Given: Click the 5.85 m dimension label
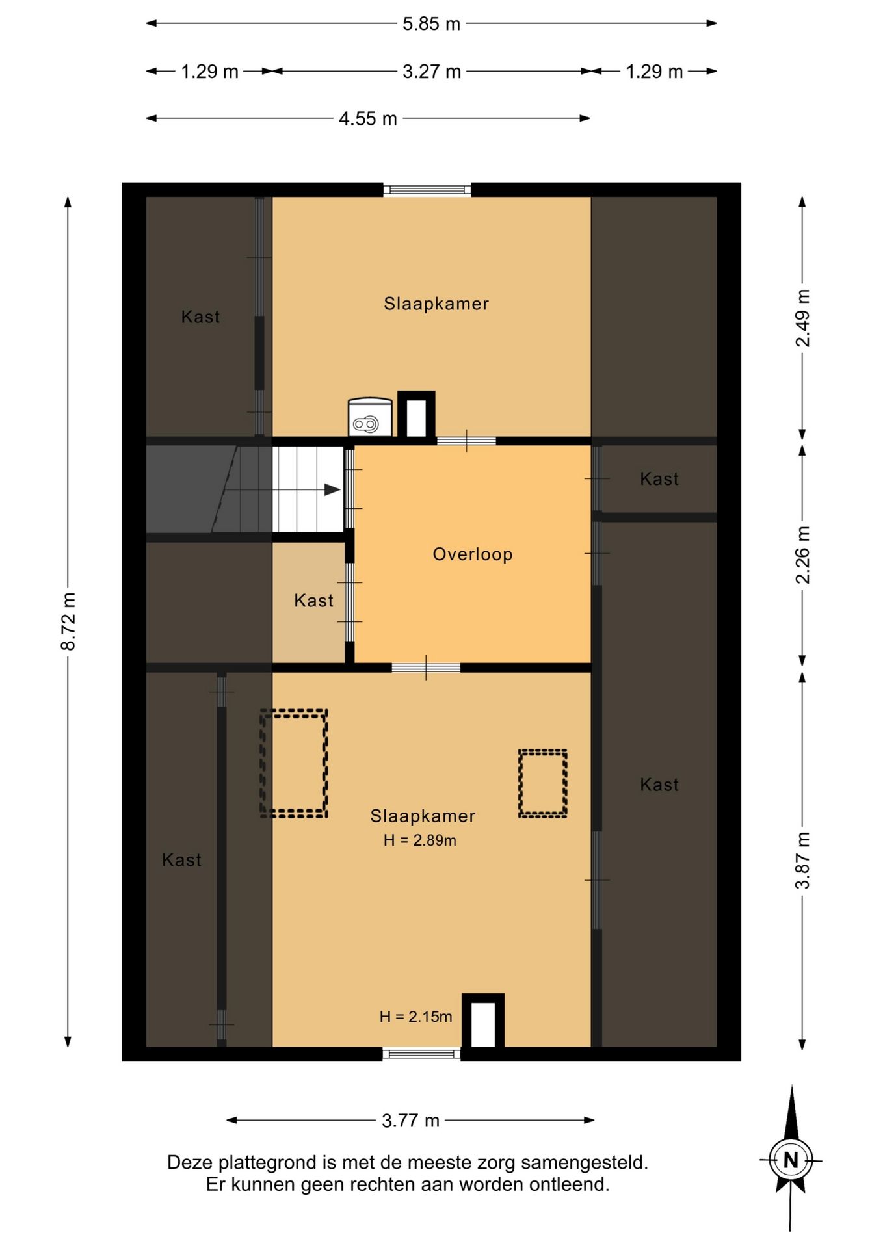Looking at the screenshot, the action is (x=431, y=24).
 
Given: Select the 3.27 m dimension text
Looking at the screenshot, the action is (x=432, y=71).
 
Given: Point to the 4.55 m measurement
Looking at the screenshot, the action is (x=367, y=119).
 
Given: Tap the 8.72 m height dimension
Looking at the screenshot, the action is (x=68, y=621).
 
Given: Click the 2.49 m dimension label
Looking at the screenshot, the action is (x=803, y=318).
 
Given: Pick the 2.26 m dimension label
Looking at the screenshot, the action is (x=803, y=554).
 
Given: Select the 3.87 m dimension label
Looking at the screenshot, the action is (x=803, y=860).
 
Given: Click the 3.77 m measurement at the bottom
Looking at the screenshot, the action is (x=410, y=1121).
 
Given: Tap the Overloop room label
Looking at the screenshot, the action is (x=473, y=554).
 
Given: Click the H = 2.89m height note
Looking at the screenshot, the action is (x=420, y=840).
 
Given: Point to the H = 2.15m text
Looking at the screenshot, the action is (x=416, y=1017).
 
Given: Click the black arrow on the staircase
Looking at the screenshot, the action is (x=332, y=489).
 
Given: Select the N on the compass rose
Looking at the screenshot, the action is (x=791, y=1160).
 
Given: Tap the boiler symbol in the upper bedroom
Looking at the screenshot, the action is (x=370, y=417).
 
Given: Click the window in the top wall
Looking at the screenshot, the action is (x=427, y=190).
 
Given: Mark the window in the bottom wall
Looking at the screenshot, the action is (x=421, y=1054).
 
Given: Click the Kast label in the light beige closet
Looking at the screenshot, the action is (x=313, y=601).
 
